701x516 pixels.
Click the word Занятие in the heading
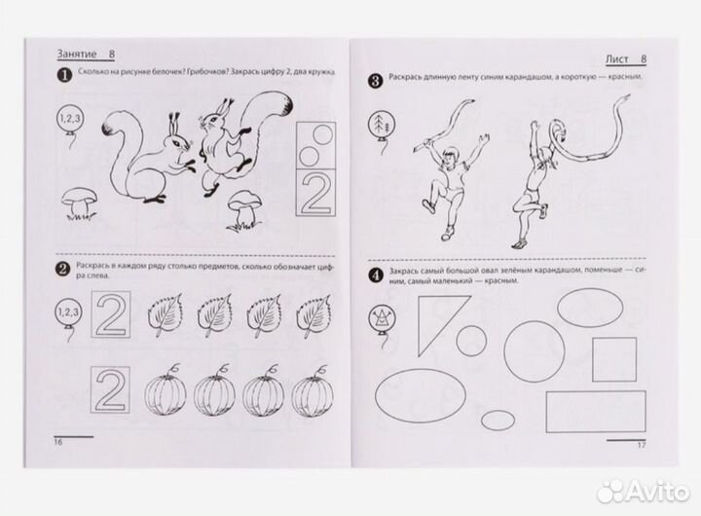pyautogui.click(x=77, y=55)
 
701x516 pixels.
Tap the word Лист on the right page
pyautogui.click(x=617, y=59)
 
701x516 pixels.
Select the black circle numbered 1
pyautogui.click(x=64, y=75)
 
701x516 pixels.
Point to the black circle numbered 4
pyautogui.click(x=376, y=276)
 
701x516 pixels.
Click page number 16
pyautogui.click(x=58, y=443)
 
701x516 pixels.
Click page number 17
pyautogui.click(x=642, y=445)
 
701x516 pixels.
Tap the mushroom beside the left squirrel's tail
pyautogui.click(x=80, y=203)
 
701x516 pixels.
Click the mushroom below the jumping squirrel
pyautogui.click(x=244, y=210)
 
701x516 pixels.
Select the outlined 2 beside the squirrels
pyautogui.click(x=316, y=193)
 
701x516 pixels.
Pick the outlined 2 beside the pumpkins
pyautogui.click(x=110, y=389)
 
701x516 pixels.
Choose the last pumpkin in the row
pyautogui.click(x=313, y=390)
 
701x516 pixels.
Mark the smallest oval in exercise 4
pyautogui.click(x=498, y=421)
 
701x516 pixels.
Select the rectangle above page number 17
pyautogui.click(x=596, y=412)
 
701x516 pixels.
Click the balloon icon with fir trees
pyautogui.click(x=380, y=123)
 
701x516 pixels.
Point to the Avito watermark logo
pyautogui.click(x=645, y=492)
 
